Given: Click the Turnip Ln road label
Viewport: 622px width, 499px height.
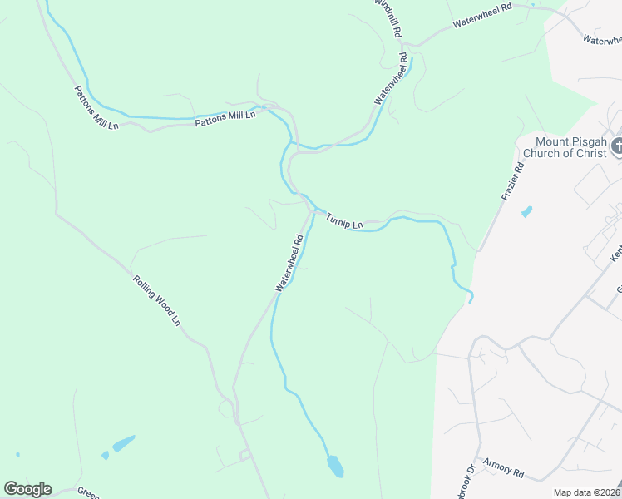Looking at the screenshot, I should pos(344,221).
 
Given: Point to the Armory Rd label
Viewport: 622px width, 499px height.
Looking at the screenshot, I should pos(502,471).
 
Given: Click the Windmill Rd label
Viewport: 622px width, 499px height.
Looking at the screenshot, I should pos(388,17).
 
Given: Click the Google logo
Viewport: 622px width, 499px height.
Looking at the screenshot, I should pos(27,489).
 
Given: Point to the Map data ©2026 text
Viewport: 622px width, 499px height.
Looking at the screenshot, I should pos(587,492).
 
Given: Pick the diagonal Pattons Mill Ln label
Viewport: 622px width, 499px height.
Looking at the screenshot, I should pos(96,108).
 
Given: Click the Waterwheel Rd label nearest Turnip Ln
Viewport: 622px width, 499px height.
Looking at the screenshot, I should pos(290,263).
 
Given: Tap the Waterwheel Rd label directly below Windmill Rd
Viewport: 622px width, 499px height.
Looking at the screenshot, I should pos(392,79).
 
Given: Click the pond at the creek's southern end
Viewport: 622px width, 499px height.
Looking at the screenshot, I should pos(335,467).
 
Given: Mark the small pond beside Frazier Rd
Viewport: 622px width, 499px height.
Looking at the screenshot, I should pos(526,212).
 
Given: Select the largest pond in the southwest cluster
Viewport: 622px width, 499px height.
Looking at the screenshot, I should pos(123,443).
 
